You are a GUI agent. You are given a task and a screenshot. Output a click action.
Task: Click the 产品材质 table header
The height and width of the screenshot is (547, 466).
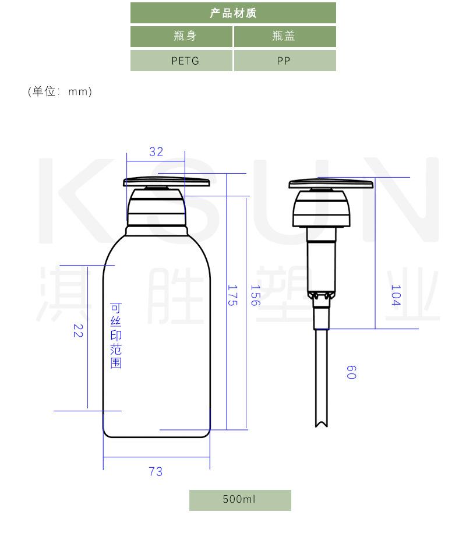233,13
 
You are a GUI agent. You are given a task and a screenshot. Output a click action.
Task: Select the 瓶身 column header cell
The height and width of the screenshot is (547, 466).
181,36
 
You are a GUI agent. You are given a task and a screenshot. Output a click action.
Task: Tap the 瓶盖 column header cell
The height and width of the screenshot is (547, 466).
285,36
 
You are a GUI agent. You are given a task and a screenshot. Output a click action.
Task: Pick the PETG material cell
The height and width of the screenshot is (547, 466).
181,61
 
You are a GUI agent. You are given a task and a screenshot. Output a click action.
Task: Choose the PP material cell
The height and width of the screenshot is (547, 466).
285,61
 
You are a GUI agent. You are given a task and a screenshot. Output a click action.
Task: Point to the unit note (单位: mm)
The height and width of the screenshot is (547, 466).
60,91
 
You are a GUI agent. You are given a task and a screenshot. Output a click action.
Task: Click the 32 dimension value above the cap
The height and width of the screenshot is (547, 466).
156,152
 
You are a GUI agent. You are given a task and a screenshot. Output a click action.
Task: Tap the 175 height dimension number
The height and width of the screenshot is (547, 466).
232,295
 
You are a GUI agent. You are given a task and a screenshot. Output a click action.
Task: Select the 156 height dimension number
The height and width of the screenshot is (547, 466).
256,295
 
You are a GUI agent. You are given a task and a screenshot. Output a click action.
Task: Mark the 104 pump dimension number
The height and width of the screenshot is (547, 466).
396,295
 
